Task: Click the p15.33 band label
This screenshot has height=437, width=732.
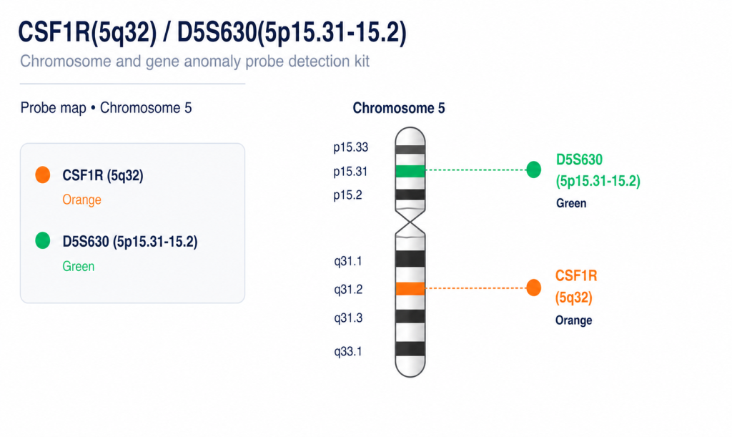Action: click(x=350, y=147)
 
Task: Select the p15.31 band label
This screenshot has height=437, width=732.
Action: click(x=350, y=172)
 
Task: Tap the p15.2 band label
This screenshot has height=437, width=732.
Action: click(x=347, y=195)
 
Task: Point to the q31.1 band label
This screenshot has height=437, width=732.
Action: click(x=348, y=261)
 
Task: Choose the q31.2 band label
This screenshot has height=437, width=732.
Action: click(x=348, y=290)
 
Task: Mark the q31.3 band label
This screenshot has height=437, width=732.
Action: click(x=348, y=318)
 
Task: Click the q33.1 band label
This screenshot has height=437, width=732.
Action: click(x=348, y=352)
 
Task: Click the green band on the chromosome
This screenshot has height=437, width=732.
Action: click(x=410, y=172)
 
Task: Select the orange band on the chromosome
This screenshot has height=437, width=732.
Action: click(x=410, y=288)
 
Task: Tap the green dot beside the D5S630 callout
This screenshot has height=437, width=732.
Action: click(x=533, y=170)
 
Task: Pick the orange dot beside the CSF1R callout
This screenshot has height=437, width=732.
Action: click(x=533, y=288)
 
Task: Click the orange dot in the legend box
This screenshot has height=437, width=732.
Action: click(x=42, y=175)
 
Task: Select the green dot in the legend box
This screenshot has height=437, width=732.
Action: click(x=42, y=240)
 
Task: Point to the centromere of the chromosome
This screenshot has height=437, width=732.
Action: click(x=410, y=222)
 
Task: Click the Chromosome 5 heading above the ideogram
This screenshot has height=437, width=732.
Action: click(x=399, y=108)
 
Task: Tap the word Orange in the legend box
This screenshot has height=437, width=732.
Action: click(x=81, y=200)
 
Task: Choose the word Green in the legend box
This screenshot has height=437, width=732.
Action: click(x=79, y=266)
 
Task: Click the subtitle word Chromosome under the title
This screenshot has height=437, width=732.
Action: click(x=66, y=62)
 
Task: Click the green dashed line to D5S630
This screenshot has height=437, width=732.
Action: click(x=475, y=170)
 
